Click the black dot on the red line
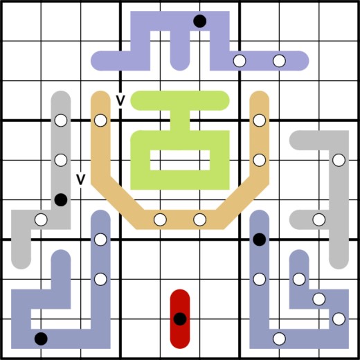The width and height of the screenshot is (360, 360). [180, 319]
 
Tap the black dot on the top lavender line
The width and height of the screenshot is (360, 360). [199, 21]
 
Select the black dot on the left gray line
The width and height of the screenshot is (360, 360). [61, 199]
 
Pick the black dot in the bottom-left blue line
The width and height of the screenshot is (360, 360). [41, 339]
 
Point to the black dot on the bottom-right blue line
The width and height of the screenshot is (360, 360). [260, 240]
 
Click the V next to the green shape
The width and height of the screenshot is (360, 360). [120, 100]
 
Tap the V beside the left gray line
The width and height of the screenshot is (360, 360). [80, 179]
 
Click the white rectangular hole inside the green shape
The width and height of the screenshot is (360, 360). [180, 160]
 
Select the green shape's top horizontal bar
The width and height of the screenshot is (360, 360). [180, 100]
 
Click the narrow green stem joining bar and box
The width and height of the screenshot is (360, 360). [180, 120]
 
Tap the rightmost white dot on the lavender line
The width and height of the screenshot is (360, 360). [279, 61]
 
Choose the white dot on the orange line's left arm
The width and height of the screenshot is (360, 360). [100, 120]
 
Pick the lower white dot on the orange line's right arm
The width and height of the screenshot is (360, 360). [260, 160]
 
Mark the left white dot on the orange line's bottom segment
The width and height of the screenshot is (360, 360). [160, 219]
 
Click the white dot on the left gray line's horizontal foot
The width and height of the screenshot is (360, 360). [41, 219]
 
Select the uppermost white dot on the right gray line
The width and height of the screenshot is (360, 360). [339, 160]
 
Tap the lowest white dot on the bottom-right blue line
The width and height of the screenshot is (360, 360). [279, 339]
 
